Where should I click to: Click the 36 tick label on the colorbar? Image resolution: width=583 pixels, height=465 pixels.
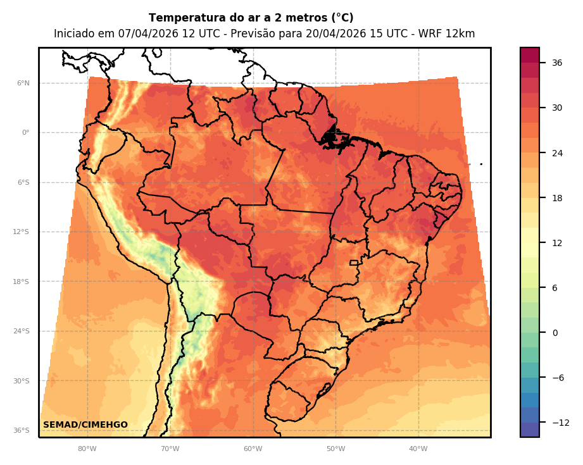557,63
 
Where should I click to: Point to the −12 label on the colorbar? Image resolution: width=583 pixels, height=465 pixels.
559,423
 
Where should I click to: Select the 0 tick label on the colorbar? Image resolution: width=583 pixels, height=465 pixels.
555,333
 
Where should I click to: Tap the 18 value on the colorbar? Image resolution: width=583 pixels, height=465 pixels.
557,198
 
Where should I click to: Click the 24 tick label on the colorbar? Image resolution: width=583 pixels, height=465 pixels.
557,153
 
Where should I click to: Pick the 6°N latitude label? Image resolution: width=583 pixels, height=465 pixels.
23,84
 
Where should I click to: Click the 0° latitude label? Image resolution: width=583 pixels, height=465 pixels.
25,133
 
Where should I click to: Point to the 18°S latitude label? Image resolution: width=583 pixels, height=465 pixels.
22,282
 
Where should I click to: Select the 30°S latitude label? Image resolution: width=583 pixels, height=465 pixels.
22,381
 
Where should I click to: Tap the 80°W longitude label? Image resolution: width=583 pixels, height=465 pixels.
87,449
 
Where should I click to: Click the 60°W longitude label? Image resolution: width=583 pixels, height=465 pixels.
253,449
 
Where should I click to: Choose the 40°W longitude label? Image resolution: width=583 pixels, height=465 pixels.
418,449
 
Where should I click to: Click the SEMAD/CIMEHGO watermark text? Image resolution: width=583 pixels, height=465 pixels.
85,425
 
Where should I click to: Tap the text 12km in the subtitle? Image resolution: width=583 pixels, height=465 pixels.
461,34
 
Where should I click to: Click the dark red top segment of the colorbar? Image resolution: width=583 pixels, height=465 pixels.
530,55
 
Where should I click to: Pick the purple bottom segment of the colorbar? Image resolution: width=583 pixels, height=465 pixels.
530,430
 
